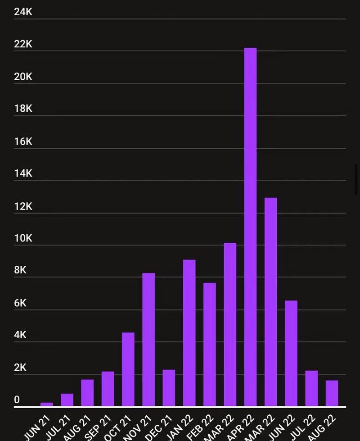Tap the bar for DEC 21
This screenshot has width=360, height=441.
pos(169,388)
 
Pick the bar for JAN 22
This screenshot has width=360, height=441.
pos(189,333)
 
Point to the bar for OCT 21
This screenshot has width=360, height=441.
pos(128,369)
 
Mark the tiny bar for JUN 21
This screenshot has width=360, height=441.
pos(47,404)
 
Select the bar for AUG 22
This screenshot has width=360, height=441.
pos(332,393)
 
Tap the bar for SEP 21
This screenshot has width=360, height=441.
pos(108,389)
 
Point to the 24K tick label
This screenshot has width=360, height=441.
pos(23,12)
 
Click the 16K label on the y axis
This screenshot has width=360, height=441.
pos(23,141)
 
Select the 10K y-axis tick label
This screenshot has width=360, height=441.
pos(23,238)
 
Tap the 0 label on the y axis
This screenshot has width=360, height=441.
pos(17,400)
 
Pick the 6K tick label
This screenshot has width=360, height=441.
pos(20,303)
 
